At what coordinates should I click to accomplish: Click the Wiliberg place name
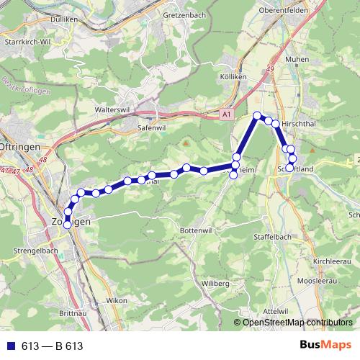click(215, 284)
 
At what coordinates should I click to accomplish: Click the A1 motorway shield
click(228, 114)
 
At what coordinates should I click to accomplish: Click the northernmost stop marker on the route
click(257, 116)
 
